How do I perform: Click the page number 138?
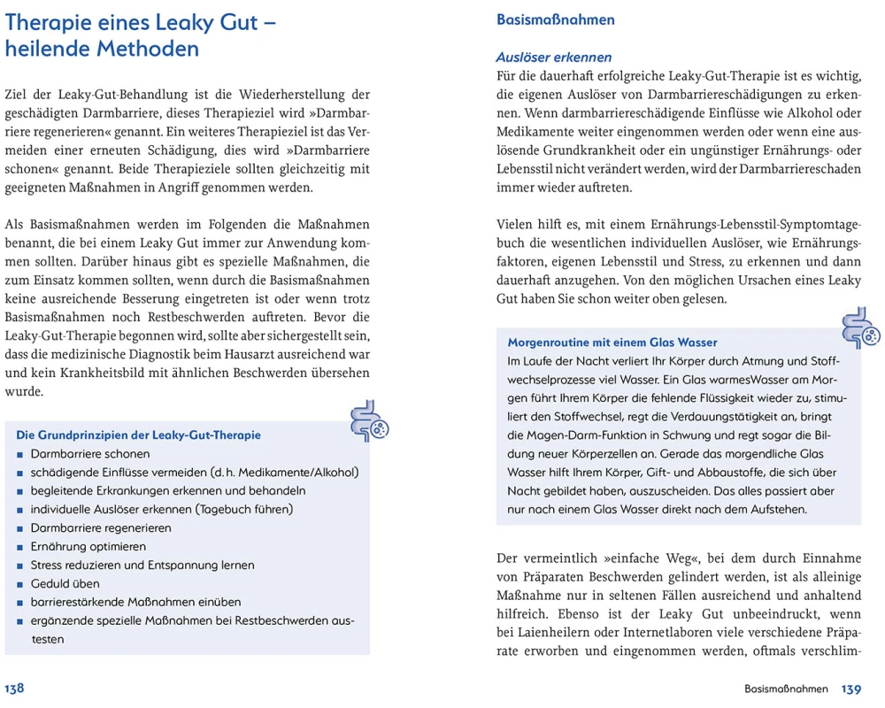coord(15,689)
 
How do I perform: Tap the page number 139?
coord(851,689)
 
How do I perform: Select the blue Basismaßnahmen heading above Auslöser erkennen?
coord(556,19)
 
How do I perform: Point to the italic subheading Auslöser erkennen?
coord(553,58)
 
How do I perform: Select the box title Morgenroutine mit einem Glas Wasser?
coord(612,342)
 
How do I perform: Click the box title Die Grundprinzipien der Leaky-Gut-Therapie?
coord(139,435)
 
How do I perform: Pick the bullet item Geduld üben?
coord(65,583)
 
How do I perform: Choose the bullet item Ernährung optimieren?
coord(88,546)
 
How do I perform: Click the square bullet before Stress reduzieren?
coord(19,566)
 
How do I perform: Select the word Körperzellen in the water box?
coord(575,454)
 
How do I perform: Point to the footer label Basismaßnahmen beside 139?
coord(786,689)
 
